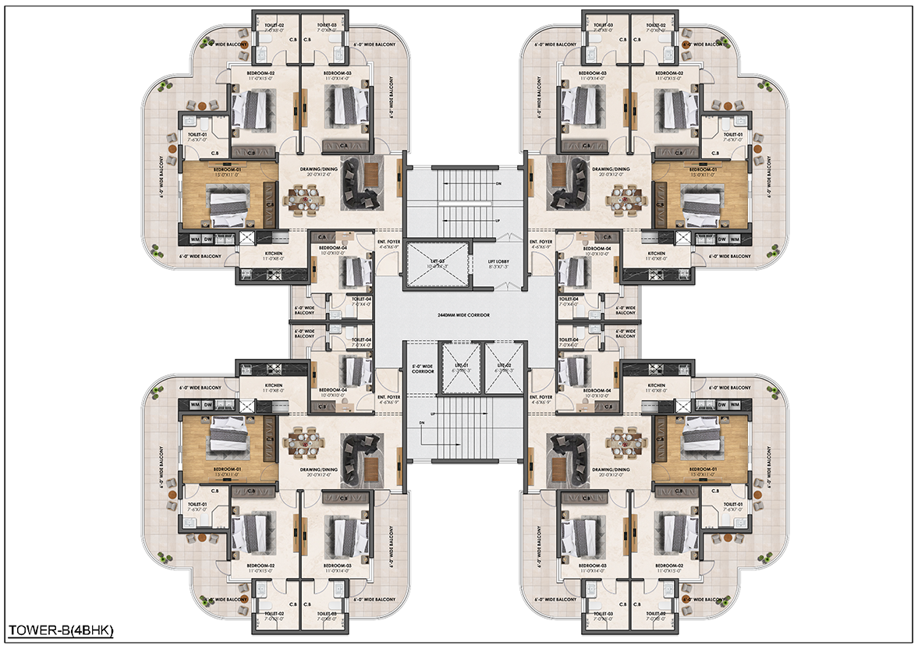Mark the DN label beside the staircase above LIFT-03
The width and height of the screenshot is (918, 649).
coord(498,184)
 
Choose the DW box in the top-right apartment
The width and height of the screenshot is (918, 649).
coord(722,239)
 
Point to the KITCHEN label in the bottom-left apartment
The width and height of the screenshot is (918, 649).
coord(272,385)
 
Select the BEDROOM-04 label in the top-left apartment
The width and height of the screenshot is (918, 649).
coord(332,248)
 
